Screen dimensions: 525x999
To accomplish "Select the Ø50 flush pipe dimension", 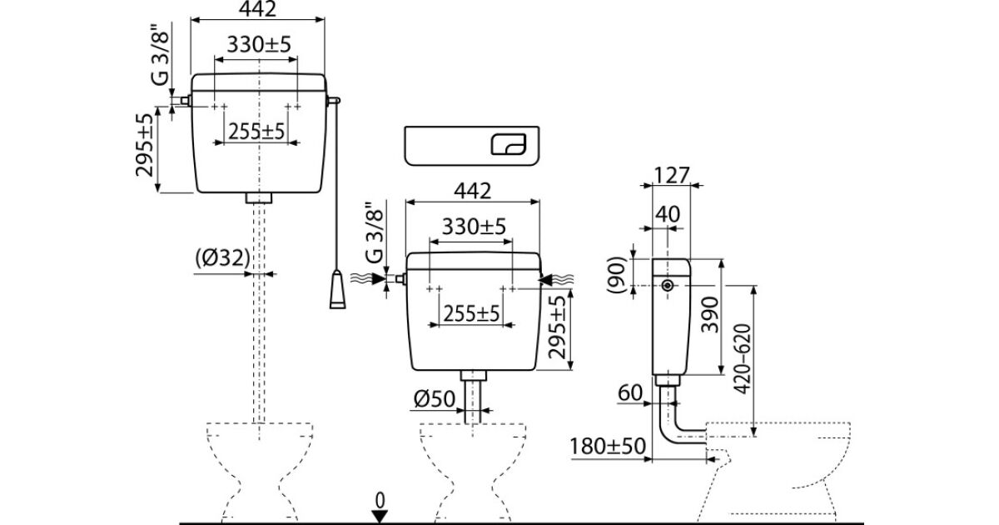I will (432, 401).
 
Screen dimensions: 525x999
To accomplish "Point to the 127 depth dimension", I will (672, 175).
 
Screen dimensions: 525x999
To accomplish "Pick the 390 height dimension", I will (708, 313).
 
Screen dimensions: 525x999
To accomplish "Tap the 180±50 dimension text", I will (609, 447).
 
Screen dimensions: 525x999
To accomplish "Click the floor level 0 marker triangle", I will (380, 517).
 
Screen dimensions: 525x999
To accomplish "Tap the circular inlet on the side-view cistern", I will (667, 287).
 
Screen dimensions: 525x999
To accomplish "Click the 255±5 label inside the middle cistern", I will (470, 313).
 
